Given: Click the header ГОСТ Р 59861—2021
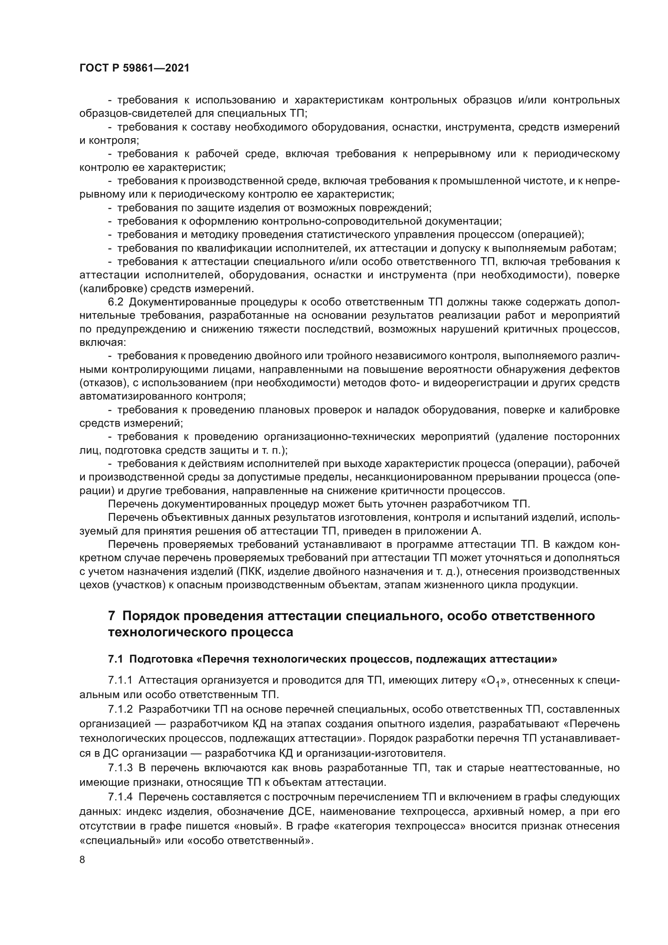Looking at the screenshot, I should coord(134,68).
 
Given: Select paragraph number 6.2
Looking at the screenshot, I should coord(116,302).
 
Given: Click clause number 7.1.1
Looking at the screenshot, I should coord(120,680).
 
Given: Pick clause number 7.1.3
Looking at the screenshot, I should coord(120,768).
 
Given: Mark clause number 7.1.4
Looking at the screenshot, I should coord(120,797).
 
